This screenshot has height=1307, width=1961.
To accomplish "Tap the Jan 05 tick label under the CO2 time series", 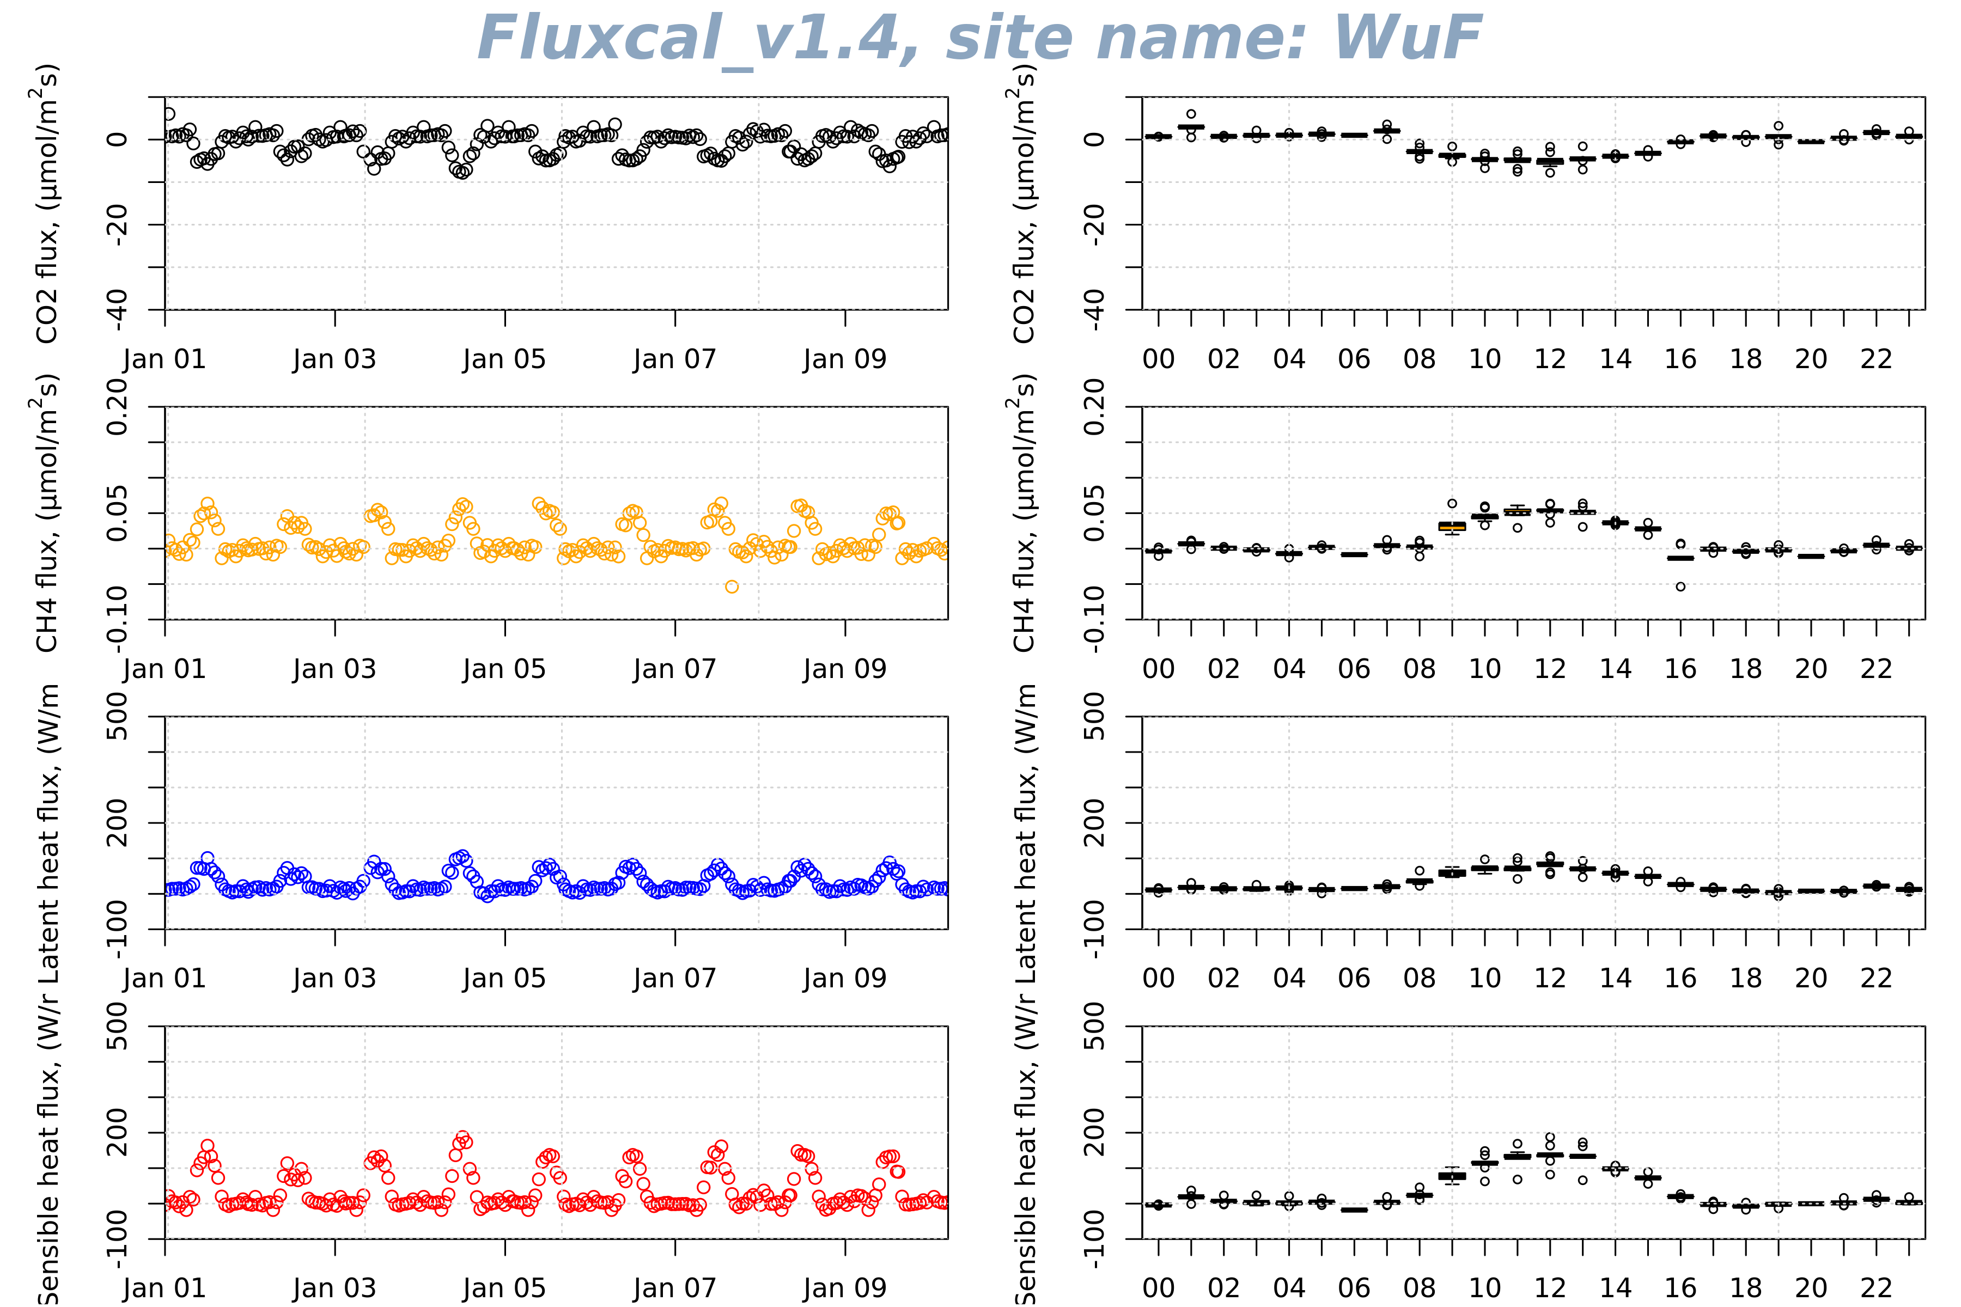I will click(504, 359).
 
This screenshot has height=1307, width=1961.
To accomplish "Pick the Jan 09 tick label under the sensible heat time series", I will click(845, 1288).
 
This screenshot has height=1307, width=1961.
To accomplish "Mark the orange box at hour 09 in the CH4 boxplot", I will click(1452, 527).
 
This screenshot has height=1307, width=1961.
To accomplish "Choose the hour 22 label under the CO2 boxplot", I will click(1876, 359).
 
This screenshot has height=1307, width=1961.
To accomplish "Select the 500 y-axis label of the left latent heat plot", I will click(117, 717).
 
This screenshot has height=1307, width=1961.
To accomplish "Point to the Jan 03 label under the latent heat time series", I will click(334, 979).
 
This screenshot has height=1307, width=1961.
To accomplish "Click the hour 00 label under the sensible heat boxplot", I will click(1158, 1288).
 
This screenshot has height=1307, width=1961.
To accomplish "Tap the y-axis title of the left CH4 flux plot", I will click(47, 512).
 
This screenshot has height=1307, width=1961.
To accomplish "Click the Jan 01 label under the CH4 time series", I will click(165, 669).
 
